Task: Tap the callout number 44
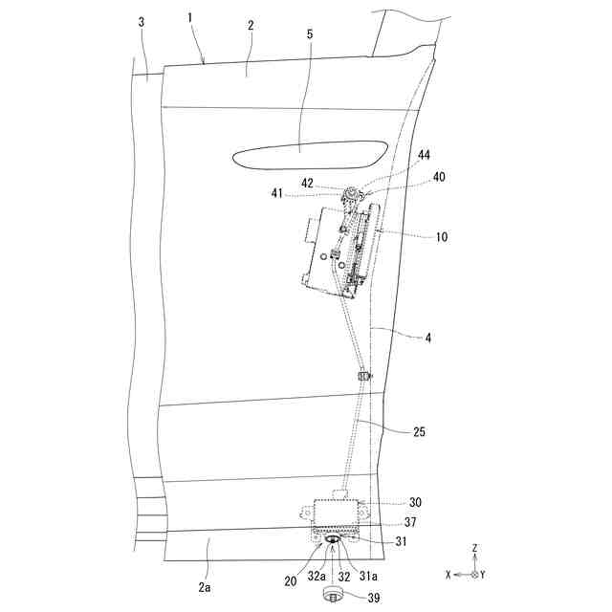coord(424,155)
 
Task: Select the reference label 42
coord(307,184)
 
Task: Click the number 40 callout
coord(439,177)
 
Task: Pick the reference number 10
coord(414,235)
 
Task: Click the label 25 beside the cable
coord(419,432)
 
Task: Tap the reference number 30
coord(415,502)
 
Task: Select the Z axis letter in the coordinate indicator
coord(474,549)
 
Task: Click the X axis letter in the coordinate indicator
coord(448,575)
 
